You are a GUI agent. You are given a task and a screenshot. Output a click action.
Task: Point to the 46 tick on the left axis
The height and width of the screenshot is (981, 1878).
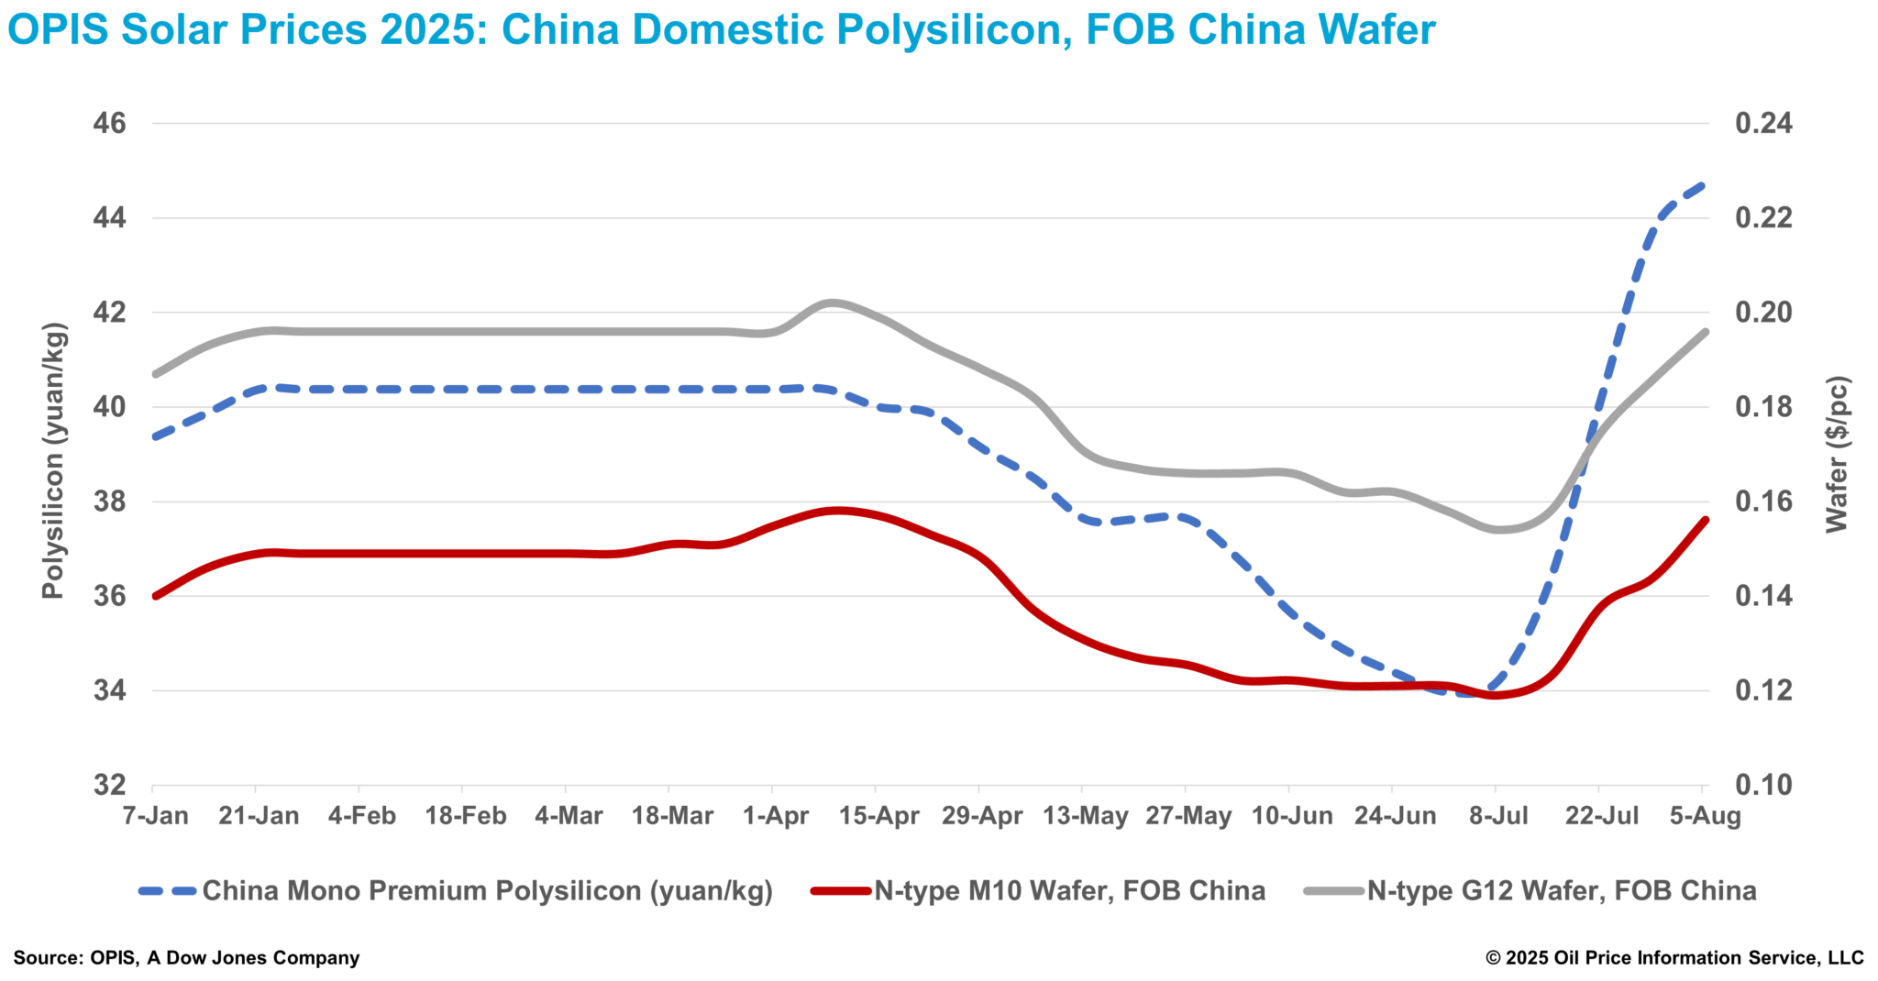click(109, 123)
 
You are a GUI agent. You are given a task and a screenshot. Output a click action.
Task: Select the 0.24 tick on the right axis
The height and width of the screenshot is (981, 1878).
click(1763, 123)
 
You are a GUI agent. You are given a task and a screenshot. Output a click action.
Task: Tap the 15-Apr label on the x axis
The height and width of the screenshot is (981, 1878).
click(878, 815)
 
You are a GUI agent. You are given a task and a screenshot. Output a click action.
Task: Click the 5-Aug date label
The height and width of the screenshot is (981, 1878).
click(1705, 815)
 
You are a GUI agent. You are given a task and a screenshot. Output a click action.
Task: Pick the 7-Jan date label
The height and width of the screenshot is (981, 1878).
click(156, 815)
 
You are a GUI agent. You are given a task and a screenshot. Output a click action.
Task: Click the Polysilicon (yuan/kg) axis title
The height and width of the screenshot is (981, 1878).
click(54, 460)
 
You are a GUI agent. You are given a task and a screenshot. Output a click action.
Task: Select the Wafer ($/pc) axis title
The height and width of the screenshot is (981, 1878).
click(1837, 454)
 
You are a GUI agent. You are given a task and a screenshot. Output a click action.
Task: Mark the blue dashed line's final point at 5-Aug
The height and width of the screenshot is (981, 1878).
click(1703, 185)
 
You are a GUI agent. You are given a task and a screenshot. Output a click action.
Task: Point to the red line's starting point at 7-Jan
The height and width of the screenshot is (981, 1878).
click(155, 596)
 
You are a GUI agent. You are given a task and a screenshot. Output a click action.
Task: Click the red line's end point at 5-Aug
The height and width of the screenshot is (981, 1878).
click(1705, 520)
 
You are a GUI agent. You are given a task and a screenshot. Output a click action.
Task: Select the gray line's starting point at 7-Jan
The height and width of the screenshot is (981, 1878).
click(155, 374)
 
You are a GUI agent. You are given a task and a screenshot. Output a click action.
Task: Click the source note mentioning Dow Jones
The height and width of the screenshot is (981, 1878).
click(186, 958)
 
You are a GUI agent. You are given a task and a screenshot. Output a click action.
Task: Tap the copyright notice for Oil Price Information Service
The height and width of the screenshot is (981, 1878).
click(1674, 958)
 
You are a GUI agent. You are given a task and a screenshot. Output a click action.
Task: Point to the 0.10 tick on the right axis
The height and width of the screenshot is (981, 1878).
click(1763, 785)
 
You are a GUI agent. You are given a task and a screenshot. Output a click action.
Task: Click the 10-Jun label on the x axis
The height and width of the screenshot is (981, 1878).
click(1292, 815)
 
